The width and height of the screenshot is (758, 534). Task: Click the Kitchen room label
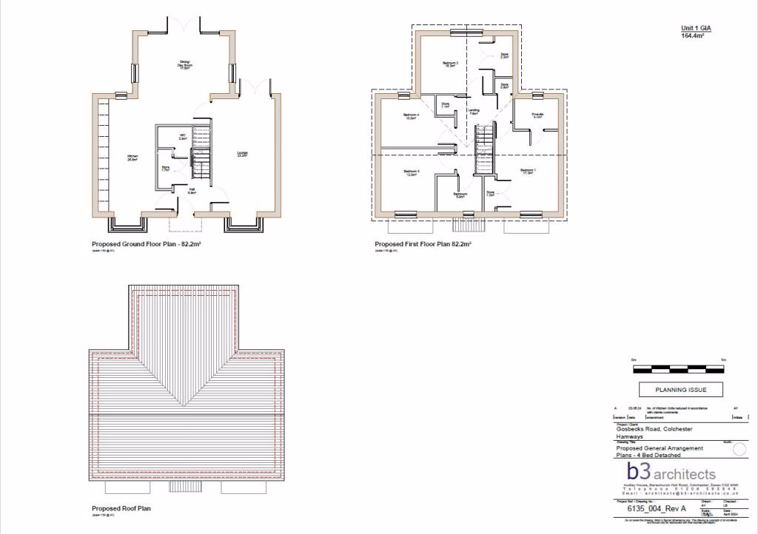pyautogui.click(x=133, y=158)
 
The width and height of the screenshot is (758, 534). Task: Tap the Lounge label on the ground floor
pyautogui.click(x=242, y=155)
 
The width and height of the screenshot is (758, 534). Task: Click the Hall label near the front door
pyautogui.click(x=191, y=191)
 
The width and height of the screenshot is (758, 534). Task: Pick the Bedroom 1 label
pyautogui.click(x=527, y=172)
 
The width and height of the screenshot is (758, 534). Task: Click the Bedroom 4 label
pyautogui.click(x=412, y=115)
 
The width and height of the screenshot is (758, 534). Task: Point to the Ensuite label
pyautogui.click(x=538, y=115)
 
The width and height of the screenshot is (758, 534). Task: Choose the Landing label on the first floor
pyautogui.click(x=474, y=112)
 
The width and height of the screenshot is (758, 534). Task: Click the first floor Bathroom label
pyautogui.click(x=459, y=195)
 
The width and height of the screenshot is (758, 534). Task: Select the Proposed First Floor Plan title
pyautogui.click(x=423, y=243)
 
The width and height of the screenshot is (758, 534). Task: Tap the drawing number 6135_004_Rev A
pyautogui.click(x=657, y=509)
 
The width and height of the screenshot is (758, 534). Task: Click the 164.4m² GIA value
pyautogui.click(x=692, y=34)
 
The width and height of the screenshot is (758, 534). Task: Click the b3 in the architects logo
pyautogui.click(x=638, y=471)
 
